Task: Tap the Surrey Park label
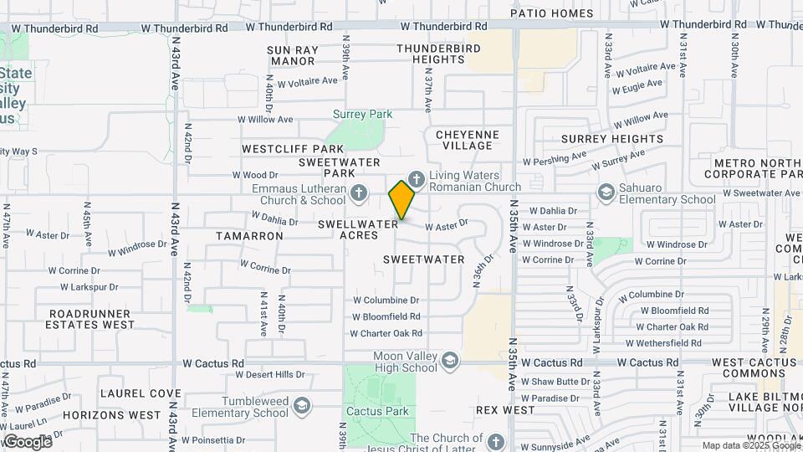pos(362,114)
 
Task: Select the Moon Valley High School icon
pos(449,361)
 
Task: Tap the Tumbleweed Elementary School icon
pos(302,406)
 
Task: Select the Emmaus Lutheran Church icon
pos(358,193)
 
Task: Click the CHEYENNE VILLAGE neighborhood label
pos(468,140)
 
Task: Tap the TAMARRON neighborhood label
pos(249,236)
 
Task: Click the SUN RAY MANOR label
pos(293,55)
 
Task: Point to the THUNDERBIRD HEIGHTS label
pos(438,54)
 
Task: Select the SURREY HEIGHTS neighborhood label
pos(612,139)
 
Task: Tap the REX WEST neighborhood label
pos(505,410)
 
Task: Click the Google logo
pos(27,441)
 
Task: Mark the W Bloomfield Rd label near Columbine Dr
pos(386,317)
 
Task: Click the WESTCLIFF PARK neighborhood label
pos(281,148)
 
